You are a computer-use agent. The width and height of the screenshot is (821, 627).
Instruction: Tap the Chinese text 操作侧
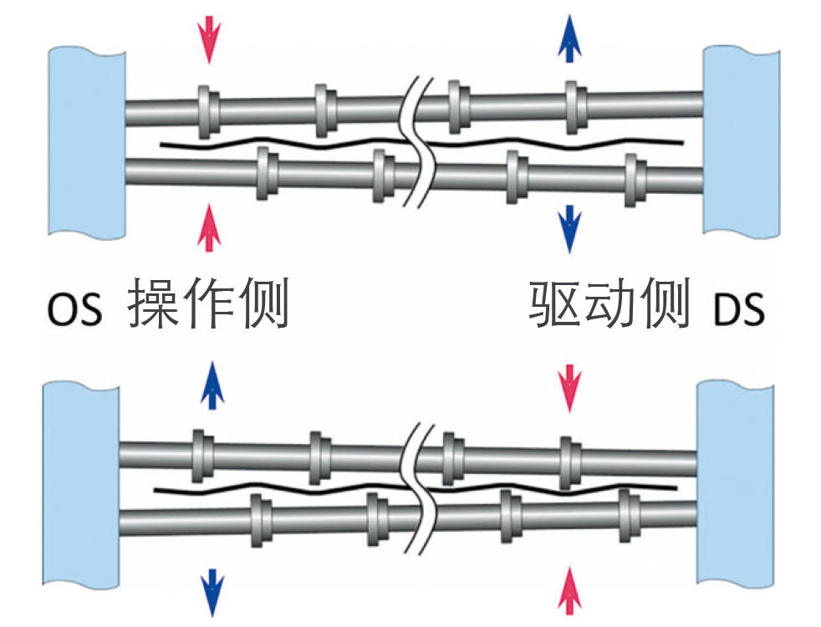209,304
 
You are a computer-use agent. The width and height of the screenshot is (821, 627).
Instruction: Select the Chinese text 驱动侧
609,304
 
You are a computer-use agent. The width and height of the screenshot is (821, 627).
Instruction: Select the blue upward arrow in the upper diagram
570,38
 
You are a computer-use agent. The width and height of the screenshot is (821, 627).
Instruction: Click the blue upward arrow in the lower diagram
212,384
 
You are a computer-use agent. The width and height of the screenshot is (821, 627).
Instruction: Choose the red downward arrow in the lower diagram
570,387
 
